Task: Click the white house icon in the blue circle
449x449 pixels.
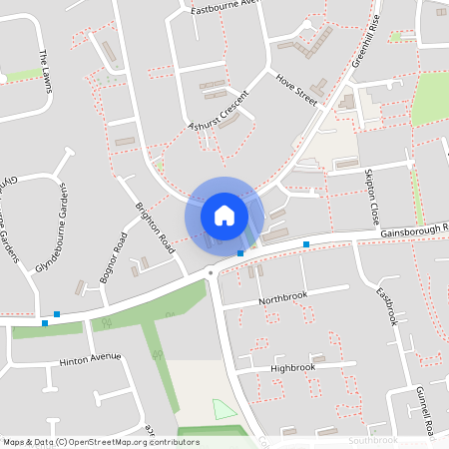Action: click(x=224, y=215)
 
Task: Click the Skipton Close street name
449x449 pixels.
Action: click(x=373, y=197)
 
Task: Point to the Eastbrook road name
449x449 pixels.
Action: click(x=386, y=306)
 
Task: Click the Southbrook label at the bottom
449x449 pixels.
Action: click(x=373, y=440)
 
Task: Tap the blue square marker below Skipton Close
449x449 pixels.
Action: click(x=306, y=243)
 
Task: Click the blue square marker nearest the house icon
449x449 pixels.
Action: click(x=240, y=253)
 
